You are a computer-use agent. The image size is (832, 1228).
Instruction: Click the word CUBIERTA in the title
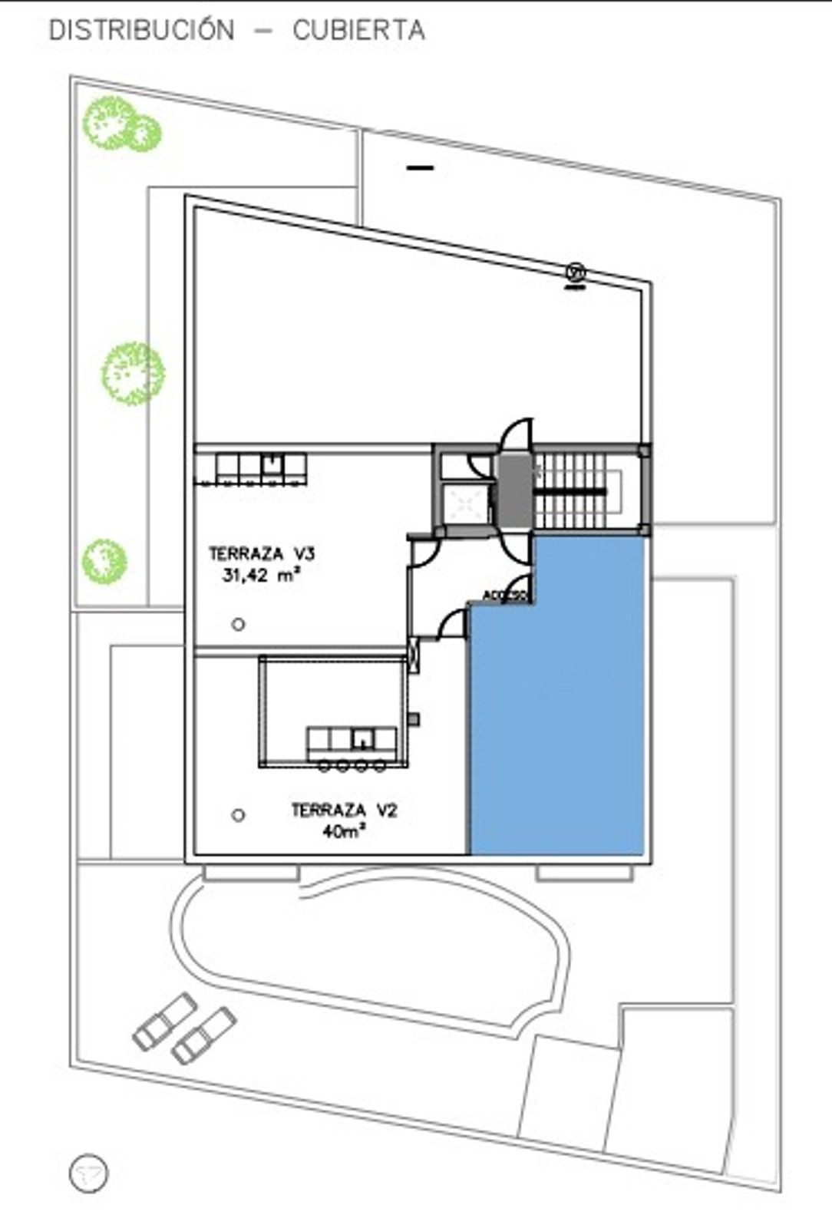(358, 30)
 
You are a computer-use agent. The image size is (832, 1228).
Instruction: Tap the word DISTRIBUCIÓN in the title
(141, 30)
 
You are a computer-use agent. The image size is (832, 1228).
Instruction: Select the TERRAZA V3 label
(261, 553)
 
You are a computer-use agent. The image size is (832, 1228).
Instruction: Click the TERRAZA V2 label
(344, 810)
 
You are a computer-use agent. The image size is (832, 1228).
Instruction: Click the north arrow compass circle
(89, 1173)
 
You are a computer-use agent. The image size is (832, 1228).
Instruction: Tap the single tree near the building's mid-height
(134, 374)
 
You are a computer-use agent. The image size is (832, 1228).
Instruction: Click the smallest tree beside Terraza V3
(104, 561)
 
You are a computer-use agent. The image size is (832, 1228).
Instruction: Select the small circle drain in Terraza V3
(239, 625)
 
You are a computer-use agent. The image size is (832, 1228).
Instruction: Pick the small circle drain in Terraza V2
(239, 815)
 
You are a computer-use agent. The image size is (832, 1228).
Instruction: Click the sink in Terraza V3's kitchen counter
(272, 464)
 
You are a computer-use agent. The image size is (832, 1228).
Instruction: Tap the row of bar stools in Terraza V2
(352, 765)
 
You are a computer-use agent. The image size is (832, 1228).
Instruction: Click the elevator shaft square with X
(466, 503)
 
